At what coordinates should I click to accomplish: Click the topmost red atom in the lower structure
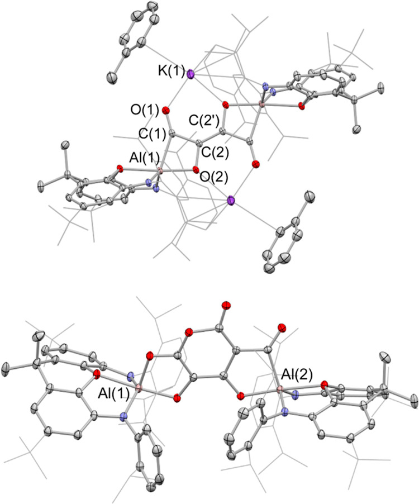coord(226,306)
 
